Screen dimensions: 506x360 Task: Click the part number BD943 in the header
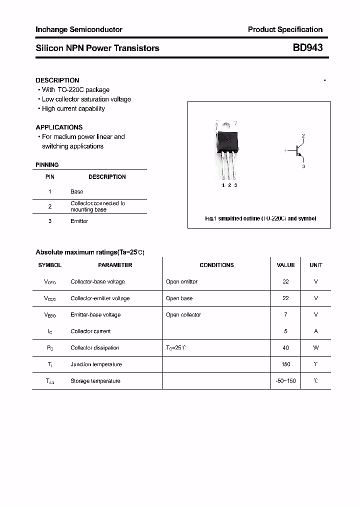pos(307,48)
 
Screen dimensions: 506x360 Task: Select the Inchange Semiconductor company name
pos(79,29)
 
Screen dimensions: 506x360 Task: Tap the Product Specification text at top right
pos(285,29)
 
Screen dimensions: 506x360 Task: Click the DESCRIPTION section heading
pos(57,80)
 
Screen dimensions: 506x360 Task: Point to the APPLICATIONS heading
pos(59,127)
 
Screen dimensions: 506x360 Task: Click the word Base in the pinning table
pos(77,191)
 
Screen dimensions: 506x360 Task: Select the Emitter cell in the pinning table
pos(79,221)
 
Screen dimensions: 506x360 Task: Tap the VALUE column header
pos(285,265)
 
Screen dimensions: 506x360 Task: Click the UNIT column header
pos(316,265)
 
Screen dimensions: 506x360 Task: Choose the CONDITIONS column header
pos(216,265)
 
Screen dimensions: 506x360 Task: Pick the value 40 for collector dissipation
pos(285,347)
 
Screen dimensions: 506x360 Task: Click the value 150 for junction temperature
pos(285,364)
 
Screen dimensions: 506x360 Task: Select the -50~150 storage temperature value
pos(285,381)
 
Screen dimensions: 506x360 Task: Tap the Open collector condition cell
pos(183,314)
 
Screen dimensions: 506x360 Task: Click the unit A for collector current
pos(316,331)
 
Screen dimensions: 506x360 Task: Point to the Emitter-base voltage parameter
pos(95,314)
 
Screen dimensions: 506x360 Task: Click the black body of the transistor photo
pos(227,140)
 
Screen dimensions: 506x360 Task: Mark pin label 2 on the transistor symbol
pos(303,136)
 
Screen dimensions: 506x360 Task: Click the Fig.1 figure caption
pos(260,218)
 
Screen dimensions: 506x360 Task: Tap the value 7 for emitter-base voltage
pos(285,314)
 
